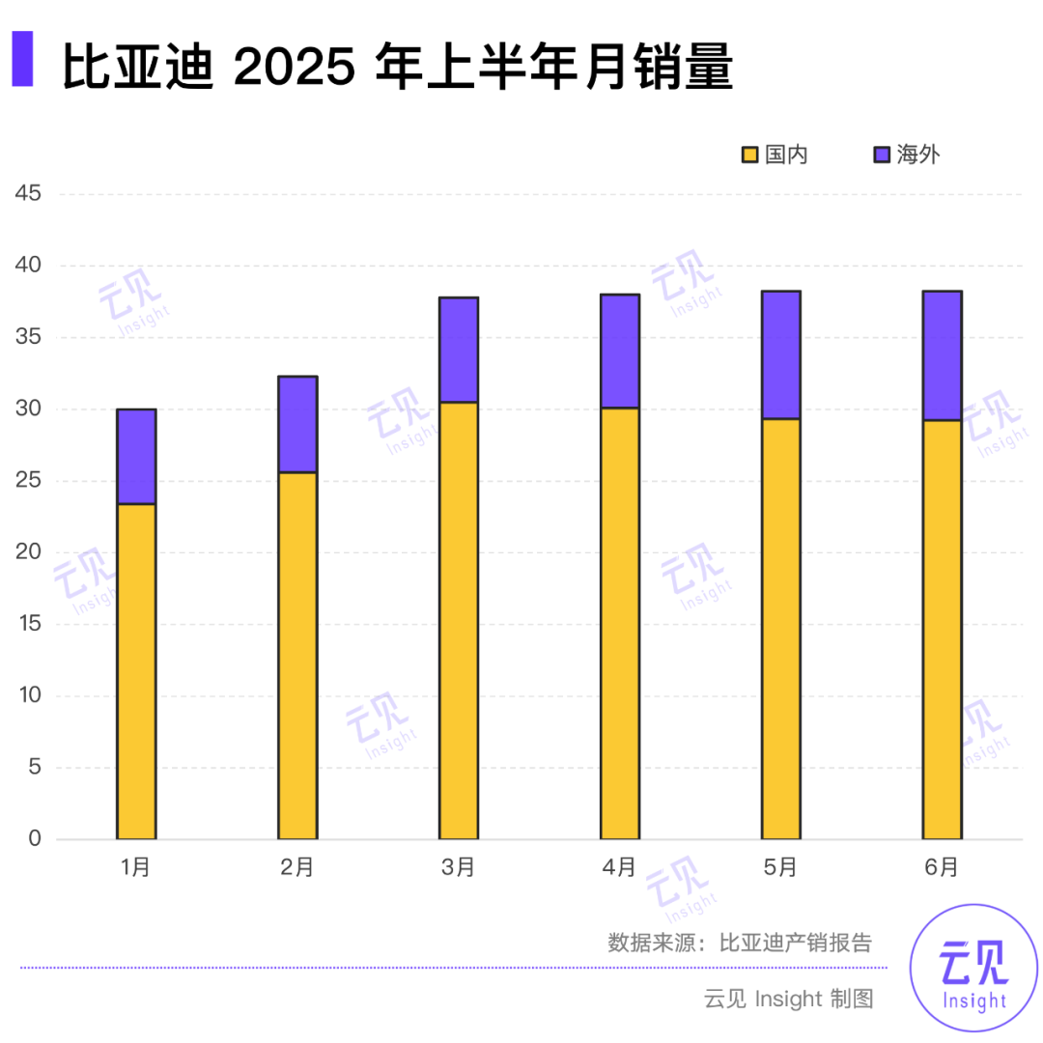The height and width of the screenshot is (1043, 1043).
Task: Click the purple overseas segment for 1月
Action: click(136, 457)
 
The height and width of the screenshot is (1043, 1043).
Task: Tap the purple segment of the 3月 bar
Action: click(459, 350)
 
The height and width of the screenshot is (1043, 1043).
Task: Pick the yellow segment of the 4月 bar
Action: click(620, 623)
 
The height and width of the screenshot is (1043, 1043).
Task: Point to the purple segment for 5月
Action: click(780, 354)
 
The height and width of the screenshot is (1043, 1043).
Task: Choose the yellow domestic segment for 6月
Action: click(942, 629)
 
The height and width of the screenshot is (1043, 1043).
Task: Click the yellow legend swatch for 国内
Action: click(749, 155)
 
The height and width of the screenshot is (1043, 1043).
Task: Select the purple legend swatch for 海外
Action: click(881, 155)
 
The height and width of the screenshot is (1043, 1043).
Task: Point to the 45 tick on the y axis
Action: click(29, 194)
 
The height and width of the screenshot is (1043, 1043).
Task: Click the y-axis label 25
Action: click(29, 481)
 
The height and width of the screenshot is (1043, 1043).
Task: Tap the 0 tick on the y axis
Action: click(35, 839)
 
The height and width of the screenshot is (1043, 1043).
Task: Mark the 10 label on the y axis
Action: click(29, 696)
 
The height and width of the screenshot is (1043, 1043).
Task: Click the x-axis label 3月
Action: click(459, 867)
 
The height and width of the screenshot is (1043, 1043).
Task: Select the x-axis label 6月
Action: click(942, 867)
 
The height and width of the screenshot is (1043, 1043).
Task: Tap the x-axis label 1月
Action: click(136, 867)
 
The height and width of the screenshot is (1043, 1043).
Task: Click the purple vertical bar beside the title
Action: click(21, 60)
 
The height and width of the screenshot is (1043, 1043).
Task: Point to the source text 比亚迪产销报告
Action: click(796, 943)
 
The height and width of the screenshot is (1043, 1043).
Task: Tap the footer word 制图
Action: click(851, 999)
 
